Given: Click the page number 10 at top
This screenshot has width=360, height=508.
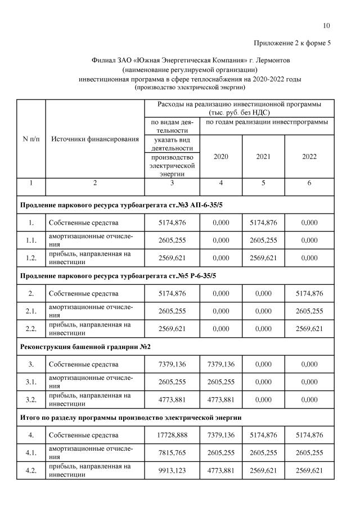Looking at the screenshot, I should coord(327,25).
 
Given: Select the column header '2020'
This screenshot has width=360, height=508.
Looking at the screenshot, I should coord(221,156).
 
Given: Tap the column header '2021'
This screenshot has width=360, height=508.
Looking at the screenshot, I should coord(263,156).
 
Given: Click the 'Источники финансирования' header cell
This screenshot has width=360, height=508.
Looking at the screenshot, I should coord(95,139).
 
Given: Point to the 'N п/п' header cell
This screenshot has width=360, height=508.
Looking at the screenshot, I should coord(31,139).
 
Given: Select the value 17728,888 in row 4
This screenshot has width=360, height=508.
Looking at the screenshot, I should coord(172,435).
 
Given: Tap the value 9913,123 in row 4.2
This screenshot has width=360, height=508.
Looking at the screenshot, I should coord(172,470).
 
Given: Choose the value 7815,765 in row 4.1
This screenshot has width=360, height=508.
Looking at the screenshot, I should coord(172,452).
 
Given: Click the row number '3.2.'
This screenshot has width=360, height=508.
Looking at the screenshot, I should coord(31,400).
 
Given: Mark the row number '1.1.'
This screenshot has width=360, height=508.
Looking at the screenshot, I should coord(31,240).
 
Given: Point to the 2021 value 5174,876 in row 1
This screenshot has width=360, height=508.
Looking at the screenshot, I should coord(263,223).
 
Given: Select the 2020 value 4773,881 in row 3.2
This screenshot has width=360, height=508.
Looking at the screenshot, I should coord(221,400).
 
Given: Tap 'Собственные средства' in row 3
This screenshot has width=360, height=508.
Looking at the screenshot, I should coord(83,365).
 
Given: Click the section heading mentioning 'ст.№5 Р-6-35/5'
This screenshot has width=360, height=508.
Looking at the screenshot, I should coord(118,275).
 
